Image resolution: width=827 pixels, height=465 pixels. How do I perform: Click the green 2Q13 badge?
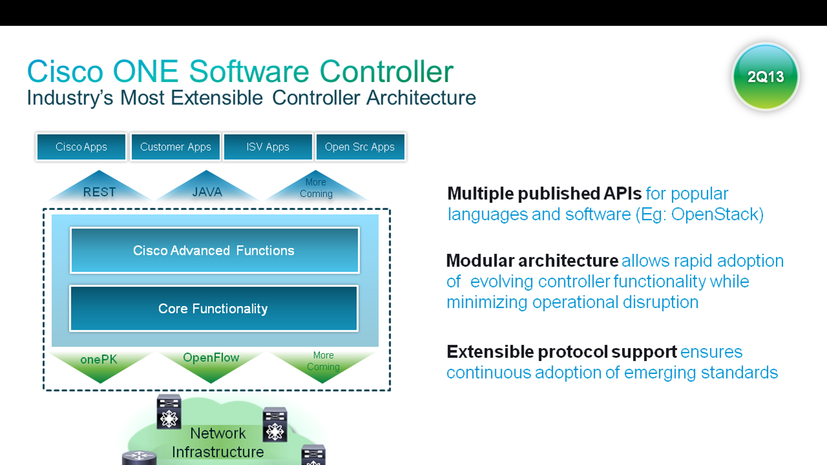[x=766, y=77]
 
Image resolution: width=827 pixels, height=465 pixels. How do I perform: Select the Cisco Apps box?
[x=81, y=147]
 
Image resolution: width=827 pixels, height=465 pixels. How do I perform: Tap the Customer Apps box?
[x=175, y=147]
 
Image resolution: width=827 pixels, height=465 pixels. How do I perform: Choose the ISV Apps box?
[x=268, y=147]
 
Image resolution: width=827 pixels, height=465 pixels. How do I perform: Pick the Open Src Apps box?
[x=360, y=147]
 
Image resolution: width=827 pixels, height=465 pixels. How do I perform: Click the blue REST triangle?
[x=100, y=189]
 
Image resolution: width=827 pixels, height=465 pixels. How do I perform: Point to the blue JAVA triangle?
[x=207, y=189]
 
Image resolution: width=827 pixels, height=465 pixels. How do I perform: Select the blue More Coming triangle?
[x=316, y=189]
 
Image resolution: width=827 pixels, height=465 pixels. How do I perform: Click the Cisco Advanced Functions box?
[x=214, y=250]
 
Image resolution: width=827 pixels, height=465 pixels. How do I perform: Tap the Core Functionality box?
[x=213, y=309]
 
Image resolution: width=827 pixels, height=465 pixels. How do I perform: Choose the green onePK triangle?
[x=100, y=362]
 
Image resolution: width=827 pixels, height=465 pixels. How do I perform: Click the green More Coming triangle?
[x=323, y=362]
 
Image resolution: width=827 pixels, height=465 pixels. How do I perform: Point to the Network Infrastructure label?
[x=218, y=442]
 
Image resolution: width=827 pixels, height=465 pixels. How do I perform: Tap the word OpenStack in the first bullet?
[x=714, y=214]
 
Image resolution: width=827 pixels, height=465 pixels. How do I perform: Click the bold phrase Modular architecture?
[x=532, y=261]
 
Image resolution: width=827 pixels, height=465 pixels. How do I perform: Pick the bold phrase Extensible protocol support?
[x=561, y=352]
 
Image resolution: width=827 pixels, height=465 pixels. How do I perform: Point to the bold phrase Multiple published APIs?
[x=544, y=194]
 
